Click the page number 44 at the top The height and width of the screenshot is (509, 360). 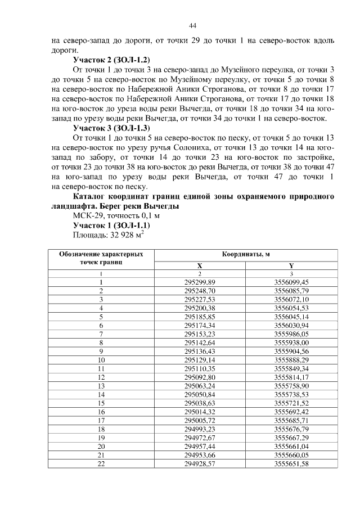coord(192,26)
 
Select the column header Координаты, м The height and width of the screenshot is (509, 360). coord(245,254)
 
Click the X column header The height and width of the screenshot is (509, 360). coord(200,265)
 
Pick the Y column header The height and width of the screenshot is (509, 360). coord(291,265)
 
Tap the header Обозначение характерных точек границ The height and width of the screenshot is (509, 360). coord(101,258)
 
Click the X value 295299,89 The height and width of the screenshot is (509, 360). coord(200,282)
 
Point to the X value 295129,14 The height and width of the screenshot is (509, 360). coord(200,359)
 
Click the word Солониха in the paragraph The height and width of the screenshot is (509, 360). coord(186,147)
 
